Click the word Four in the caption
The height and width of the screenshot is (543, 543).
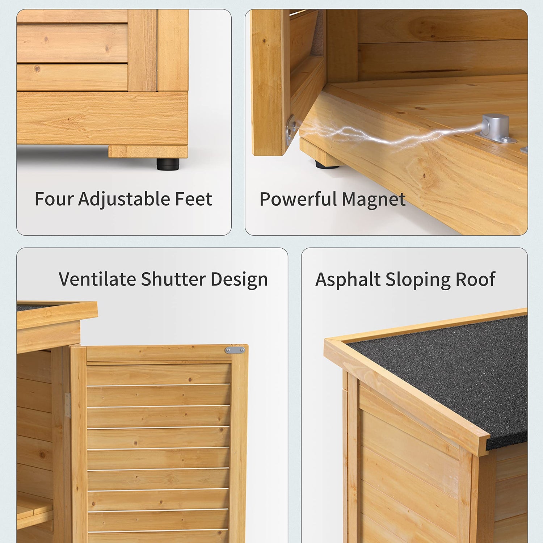coord(54,199)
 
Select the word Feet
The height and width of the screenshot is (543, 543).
coord(194,199)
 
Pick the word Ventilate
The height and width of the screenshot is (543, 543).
coord(97,279)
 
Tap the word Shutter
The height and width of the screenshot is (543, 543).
coord(173,279)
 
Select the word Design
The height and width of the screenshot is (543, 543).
coord(239,280)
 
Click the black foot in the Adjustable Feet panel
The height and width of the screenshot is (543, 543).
coord(167,164)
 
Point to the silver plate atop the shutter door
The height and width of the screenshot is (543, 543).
coord(235,350)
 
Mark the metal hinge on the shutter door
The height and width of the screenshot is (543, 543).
coord(67,405)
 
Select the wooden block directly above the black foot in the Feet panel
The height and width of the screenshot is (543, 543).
coord(148,152)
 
